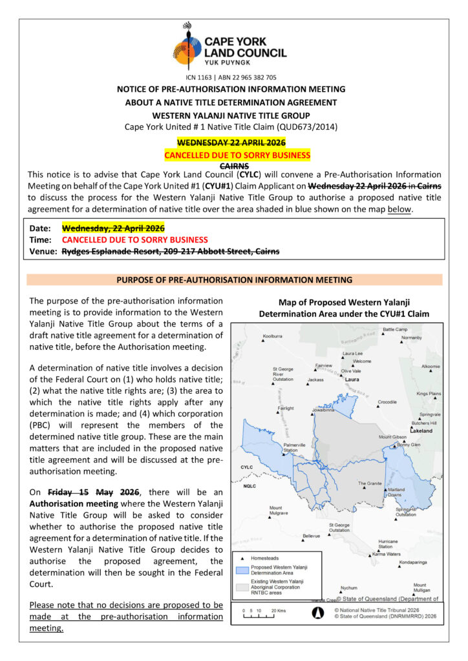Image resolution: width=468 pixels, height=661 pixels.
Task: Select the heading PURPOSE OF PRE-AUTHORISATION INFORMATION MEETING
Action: point(234,280)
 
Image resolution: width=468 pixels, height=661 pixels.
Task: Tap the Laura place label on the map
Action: point(352,380)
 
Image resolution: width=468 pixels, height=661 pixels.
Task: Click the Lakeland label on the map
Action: point(421,430)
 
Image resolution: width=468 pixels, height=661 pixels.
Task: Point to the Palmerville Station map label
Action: point(295,447)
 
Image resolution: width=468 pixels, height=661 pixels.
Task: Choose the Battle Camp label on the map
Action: point(395,329)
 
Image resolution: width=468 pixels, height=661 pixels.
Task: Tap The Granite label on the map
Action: point(371,483)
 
